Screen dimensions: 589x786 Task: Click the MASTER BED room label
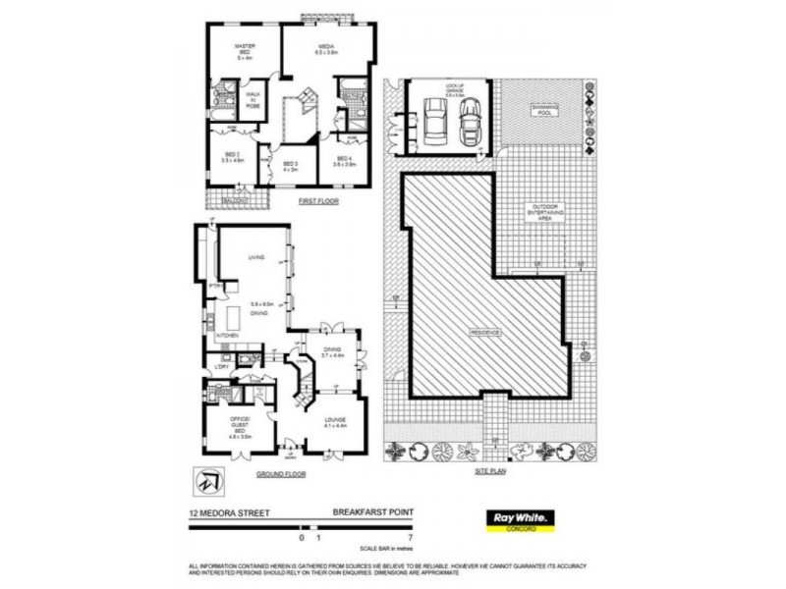244,52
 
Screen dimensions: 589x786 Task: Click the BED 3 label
290,165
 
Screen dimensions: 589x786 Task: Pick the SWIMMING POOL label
543,111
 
